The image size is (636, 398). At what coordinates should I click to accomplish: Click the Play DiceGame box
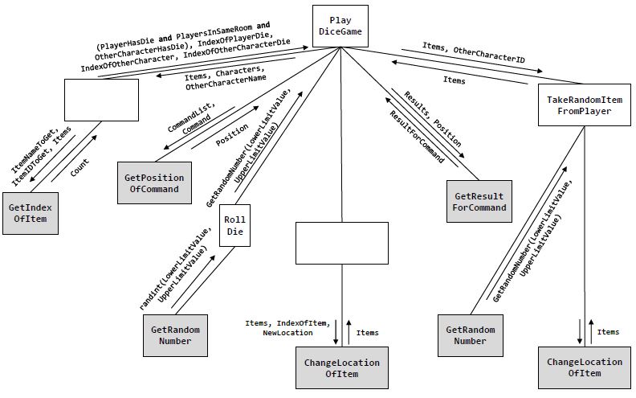point(340,25)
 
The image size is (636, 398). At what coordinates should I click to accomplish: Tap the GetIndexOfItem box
point(31,213)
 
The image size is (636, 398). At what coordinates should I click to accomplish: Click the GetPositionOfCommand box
point(152,183)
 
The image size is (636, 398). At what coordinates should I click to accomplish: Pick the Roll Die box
point(234,224)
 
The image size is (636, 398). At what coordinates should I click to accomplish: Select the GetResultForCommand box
point(479,201)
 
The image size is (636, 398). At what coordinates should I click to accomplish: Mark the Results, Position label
point(432,112)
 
